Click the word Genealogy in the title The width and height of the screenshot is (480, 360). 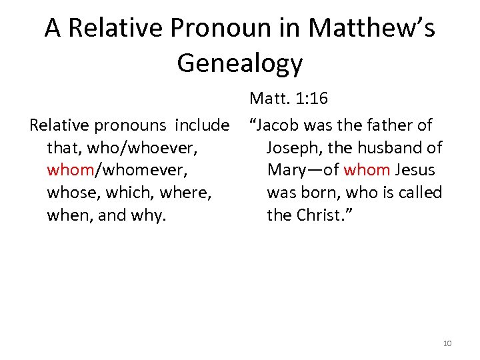(x=240, y=63)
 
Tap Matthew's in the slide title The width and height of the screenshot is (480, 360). (x=372, y=28)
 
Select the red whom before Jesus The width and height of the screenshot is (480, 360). (x=366, y=170)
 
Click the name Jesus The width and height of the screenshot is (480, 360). (x=415, y=170)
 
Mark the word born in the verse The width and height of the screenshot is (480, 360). (x=317, y=193)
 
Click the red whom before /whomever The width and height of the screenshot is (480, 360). (x=71, y=170)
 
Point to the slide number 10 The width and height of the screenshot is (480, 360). (x=447, y=343)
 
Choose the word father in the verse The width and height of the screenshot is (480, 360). (x=390, y=125)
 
